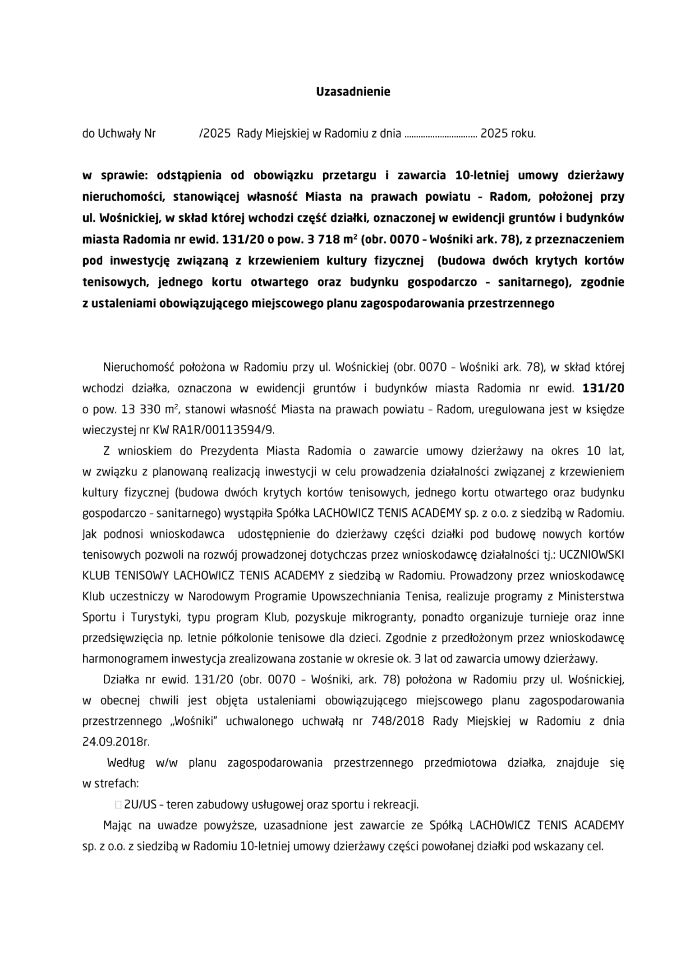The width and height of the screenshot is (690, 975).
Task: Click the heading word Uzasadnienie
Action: point(353,92)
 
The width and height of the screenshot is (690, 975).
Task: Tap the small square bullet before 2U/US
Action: point(118,805)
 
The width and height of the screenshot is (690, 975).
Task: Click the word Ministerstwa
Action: point(591,597)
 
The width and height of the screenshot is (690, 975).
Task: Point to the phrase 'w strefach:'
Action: point(110,784)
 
